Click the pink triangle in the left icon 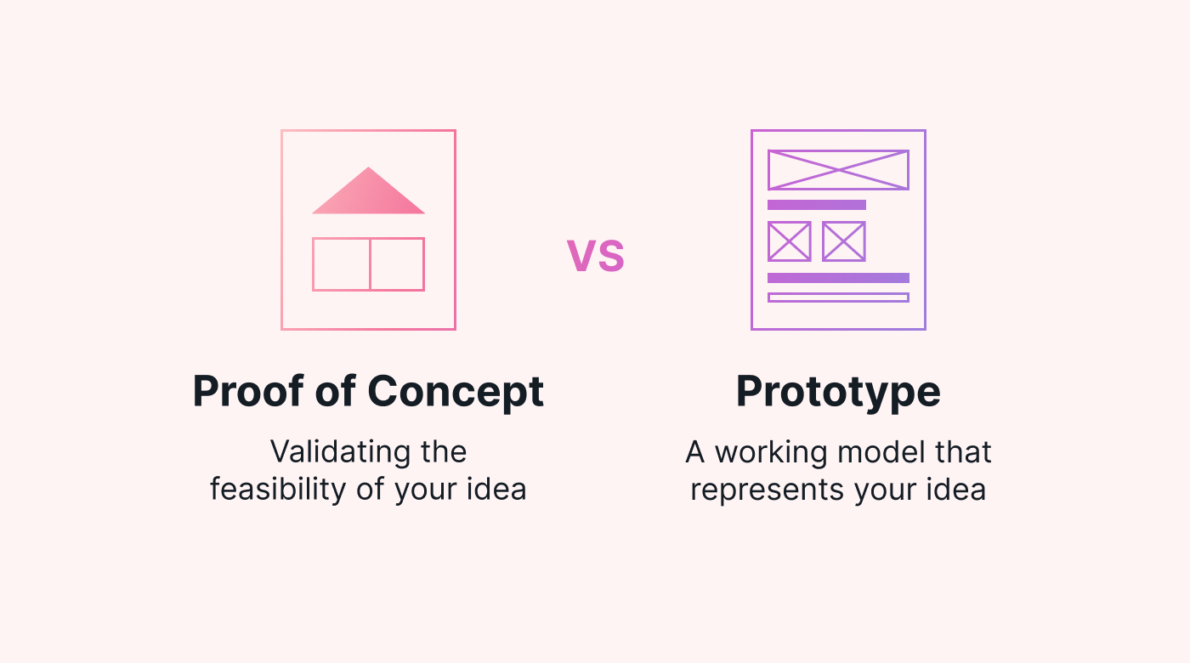pos(368,196)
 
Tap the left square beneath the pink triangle pos(341,264)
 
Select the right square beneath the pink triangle pos(397,264)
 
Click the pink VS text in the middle pos(596,256)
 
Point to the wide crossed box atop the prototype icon pos(838,170)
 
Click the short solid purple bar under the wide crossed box pos(816,205)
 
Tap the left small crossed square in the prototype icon pos(789,241)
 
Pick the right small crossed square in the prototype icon pos(843,241)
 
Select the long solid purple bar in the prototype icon pos(838,278)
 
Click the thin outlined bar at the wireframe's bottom pos(838,297)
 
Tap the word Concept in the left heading pos(456,392)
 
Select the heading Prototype pos(838,392)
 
